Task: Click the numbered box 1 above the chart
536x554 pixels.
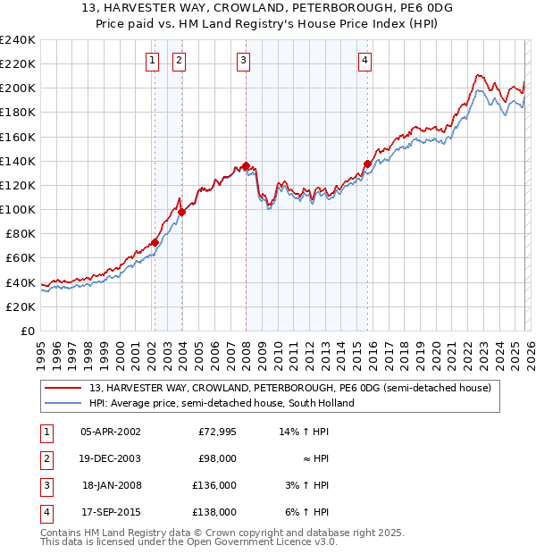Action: click(x=153, y=61)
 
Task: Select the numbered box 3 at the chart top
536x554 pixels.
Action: click(x=244, y=61)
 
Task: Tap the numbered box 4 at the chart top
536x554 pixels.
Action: click(x=365, y=61)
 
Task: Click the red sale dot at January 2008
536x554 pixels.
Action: click(x=246, y=165)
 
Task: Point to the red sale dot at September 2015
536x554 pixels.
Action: click(x=367, y=164)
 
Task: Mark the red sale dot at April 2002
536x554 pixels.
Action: click(x=155, y=242)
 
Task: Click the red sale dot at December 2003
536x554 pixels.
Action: click(x=181, y=212)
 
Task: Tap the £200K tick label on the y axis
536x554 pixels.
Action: click(x=18, y=88)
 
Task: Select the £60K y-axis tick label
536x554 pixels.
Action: click(x=21, y=258)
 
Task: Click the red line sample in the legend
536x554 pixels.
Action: click(x=63, y=389)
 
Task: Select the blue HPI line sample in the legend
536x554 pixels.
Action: click(x=63, y=403)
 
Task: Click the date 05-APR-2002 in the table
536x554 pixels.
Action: click(x=110, y=432)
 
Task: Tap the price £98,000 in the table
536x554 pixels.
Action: click(x=217, y=458)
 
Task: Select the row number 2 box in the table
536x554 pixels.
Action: click(x=44, y=458)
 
